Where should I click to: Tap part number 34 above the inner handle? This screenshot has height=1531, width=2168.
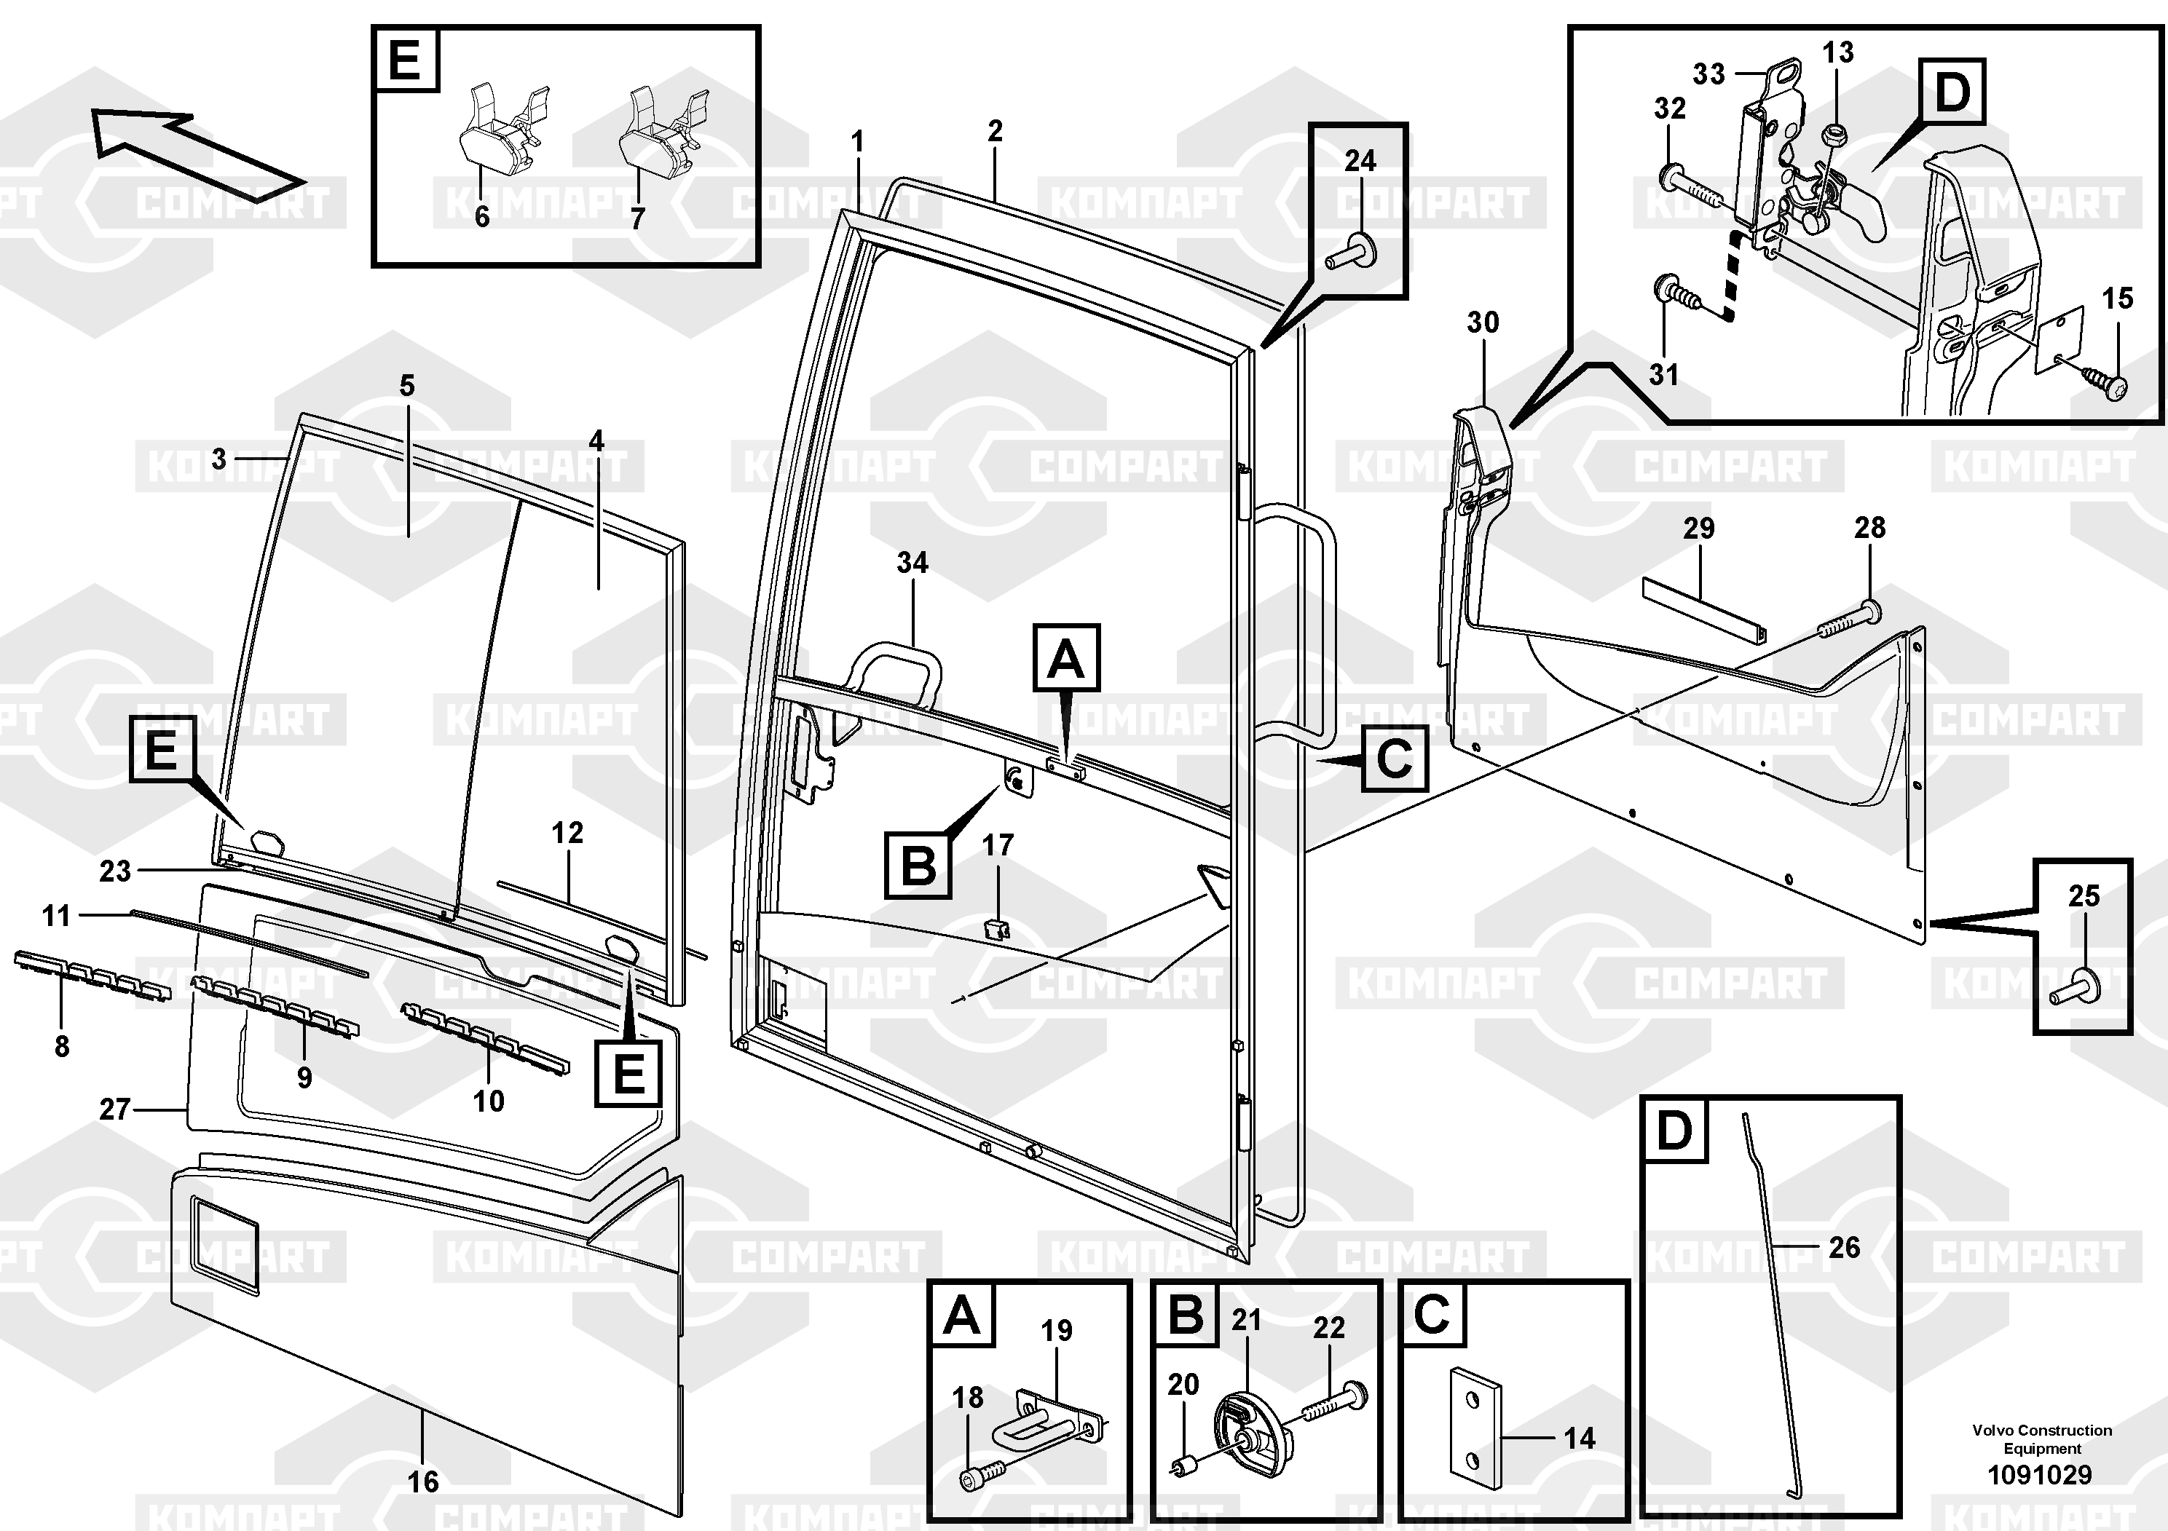pos(912,563)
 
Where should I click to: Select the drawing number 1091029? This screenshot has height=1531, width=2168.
pos(2040,1474)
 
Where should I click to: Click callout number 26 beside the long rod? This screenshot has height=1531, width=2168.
pos(1844,1248)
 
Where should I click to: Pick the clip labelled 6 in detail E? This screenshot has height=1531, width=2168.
pos(493,137)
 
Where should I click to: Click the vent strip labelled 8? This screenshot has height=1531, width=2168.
pos(92,975)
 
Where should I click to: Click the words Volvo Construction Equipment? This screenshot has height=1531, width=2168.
pos(2041,1439)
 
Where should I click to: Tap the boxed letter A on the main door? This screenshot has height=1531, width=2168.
pos(1066,658)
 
